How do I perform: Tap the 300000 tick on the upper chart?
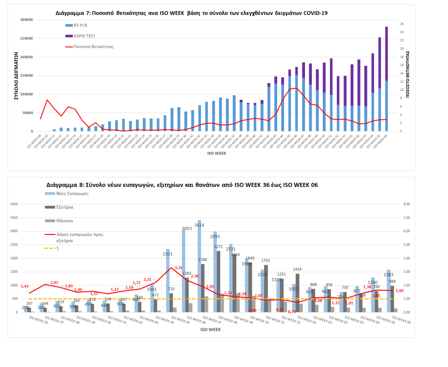tap(26, 20)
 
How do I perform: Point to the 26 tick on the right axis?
tap(402, 24)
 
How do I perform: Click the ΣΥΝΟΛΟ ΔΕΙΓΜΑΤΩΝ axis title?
tap(16, 76)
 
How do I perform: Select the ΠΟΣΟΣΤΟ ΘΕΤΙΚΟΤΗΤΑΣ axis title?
tap(407, 74)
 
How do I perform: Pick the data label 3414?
tap(199, 225)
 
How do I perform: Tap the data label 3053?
tap(187, 229)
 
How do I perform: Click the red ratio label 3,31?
tap(179, 268)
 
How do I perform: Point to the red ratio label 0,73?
tap(292, 312)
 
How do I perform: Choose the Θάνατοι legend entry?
tap(65, 221)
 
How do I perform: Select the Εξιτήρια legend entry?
tap(64, 207)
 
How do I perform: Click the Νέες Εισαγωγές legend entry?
tap(72, 193)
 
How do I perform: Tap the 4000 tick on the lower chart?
tap(14, 204)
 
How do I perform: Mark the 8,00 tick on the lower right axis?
tap(407, 204)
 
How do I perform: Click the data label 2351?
tap(168, 254)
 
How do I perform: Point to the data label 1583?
tap(388, 275)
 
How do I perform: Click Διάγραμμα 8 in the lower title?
tap(62, 185)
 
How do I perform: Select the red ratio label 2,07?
tap(54, 283)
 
